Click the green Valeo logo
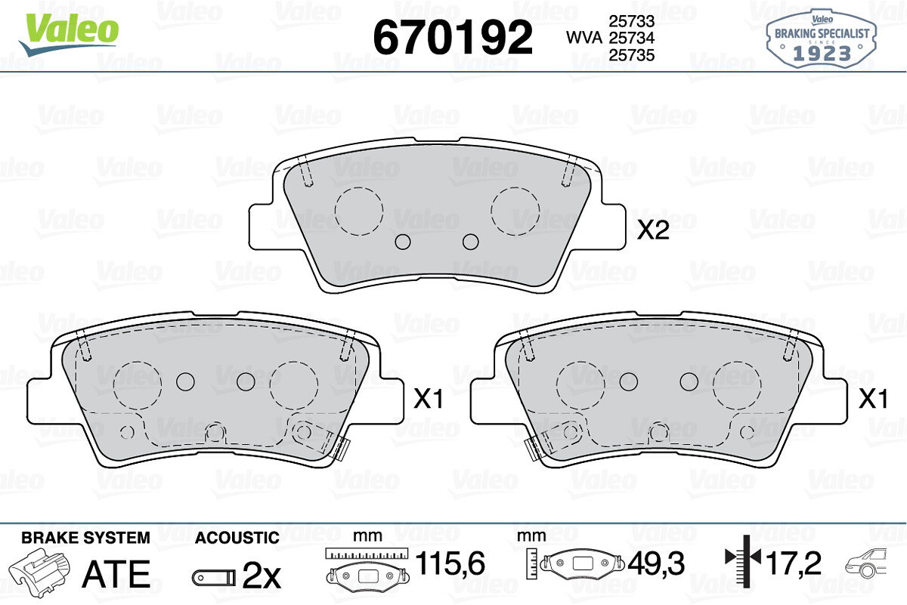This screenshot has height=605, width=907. (69, 35)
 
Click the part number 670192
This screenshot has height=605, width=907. (452, 37)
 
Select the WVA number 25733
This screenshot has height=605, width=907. (632, 21)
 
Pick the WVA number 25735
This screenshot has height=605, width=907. (632, 55)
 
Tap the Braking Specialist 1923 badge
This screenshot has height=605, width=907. (822, 39)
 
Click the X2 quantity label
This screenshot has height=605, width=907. (653, 231)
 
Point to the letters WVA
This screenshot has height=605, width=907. (584, 38)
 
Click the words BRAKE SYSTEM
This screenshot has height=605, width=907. (85, 538)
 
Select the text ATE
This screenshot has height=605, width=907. (116, 573)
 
